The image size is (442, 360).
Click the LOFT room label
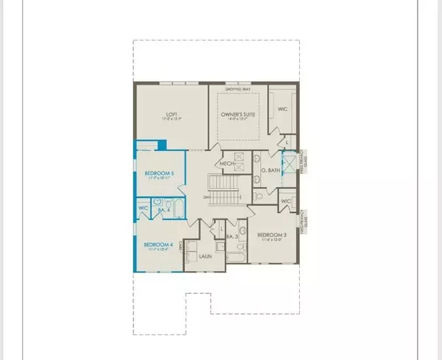171,114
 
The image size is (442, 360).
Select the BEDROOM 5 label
159,173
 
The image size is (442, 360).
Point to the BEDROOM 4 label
158,244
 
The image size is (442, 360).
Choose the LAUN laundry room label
207,257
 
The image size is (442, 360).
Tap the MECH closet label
227,163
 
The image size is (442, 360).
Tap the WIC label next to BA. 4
144,208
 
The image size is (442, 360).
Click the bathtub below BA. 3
234,258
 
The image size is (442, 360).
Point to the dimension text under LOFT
171,119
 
